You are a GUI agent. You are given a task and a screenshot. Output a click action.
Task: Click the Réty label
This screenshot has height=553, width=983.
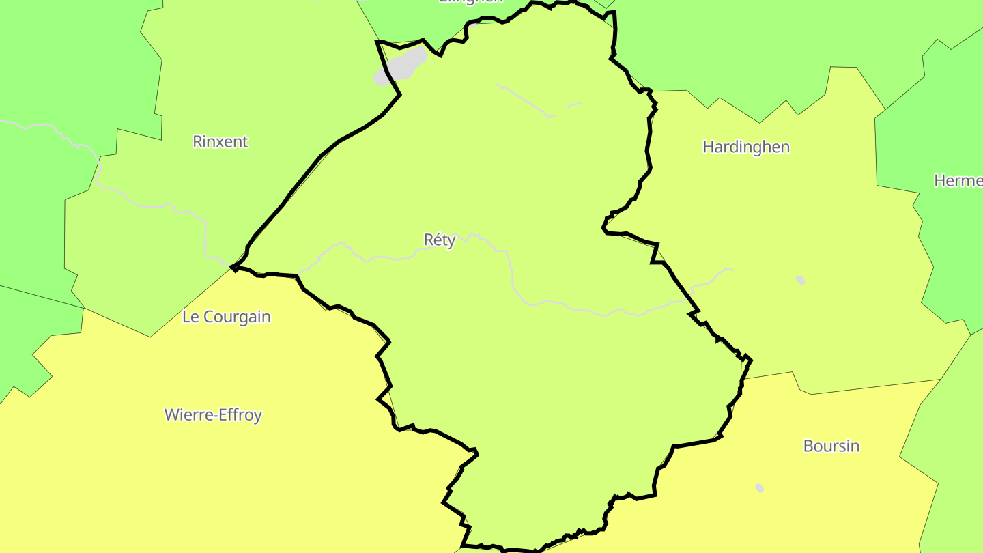pyautogui.click(x=440, y=240)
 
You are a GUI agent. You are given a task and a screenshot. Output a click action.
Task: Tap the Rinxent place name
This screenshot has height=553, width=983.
pyautogui.click(x=220, y=142)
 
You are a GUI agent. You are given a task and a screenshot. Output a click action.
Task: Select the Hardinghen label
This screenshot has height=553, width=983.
pyautogui.click(x=746, y=147)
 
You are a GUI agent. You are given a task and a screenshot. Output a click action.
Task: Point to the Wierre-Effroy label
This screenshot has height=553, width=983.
pyautogui.click(x=213, y=414)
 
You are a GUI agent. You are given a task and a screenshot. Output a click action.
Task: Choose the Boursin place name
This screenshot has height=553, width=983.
pyautogui.click(x=831, y=446)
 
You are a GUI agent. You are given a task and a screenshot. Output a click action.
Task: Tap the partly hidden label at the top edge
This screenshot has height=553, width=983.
pyautogui.click(x=471, y=2)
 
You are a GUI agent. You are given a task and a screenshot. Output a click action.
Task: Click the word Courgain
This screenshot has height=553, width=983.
pyautogui.click(x=237, y=317)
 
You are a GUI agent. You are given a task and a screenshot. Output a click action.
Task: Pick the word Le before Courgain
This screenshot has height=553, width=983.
pyautogui.click(x=190, y=317)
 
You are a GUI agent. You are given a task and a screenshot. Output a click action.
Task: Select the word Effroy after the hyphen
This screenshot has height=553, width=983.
pyautogui.click(x=240, y=414)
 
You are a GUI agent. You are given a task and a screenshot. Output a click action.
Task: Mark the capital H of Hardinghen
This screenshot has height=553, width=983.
pyautogui.click(x=708, y=147)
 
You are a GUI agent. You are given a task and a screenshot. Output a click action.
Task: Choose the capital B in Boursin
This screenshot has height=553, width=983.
pyautogui.click(x=808, y=446)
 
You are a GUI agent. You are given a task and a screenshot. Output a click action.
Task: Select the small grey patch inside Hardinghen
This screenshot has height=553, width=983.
pyautogui.click(x=800, y=280)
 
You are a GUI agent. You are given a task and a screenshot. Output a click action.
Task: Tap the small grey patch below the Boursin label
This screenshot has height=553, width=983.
pyautogui.click(x=759, y=487)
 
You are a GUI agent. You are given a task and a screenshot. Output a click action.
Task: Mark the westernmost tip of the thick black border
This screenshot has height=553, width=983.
pyautogui.click(x=231, y=267)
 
